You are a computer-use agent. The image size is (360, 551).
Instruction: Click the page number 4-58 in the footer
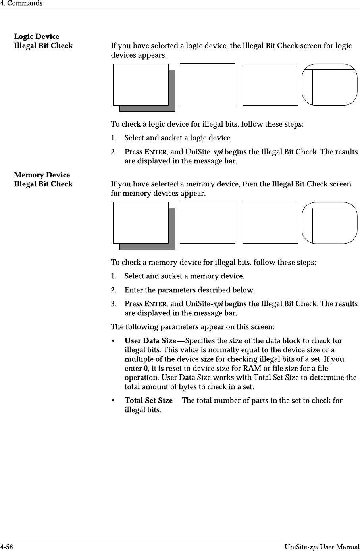(x=6, y=547)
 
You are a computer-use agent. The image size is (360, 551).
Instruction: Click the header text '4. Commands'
(x=21, y=4)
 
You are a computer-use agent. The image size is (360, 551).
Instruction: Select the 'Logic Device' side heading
(x=37, y=36)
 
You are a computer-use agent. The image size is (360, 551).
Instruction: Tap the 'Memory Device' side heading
(x=42, y=175)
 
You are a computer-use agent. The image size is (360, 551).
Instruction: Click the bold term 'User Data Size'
(x=150, y=341)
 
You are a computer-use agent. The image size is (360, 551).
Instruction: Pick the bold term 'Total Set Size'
(x=148, y=401)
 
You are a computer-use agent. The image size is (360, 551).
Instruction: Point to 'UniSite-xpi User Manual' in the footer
(x=322, y=547)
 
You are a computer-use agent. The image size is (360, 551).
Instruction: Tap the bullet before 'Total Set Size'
(x=114, y=401)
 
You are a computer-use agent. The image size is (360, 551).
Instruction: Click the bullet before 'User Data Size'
(x=114, y=341)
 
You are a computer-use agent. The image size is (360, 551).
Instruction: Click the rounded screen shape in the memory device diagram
(x=329, y=223)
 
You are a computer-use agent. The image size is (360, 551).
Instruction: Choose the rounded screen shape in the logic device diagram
(x=329, y=84)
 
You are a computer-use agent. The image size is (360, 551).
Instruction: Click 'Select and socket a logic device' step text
(x=178, y=138)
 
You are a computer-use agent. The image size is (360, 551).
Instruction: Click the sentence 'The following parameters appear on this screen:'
(x=192, y=327)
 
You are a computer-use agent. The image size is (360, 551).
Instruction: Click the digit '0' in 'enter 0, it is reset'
(x=145, y=368)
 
